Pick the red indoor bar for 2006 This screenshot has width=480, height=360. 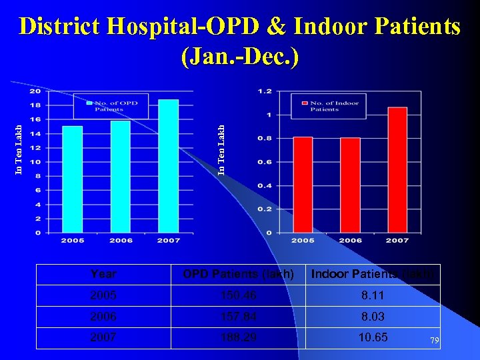click(x=350, y=185)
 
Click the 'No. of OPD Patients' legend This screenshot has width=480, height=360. click(x=111, y=105)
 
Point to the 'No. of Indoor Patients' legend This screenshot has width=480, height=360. click(x=328, y=105)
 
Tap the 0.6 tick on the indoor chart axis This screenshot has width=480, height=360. click(x=265, y=162)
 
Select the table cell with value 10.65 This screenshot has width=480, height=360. click(x=373, y=337)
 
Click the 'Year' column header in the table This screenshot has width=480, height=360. click(x=103, y=274)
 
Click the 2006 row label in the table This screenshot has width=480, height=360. click(x=103, y=317)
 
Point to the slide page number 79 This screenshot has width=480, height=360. click(x=435, y=341)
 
